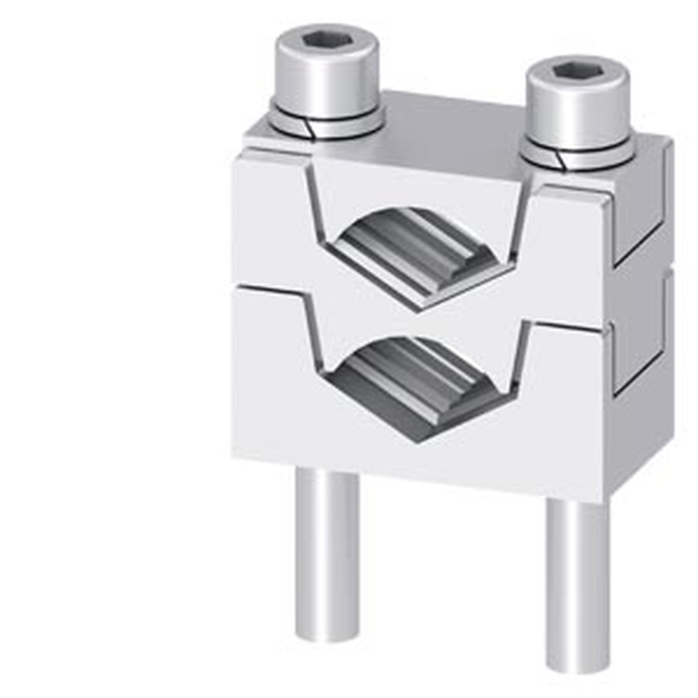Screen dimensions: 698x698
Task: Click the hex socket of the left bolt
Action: coord(327,40)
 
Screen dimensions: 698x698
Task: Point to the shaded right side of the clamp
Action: coord(639,314)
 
